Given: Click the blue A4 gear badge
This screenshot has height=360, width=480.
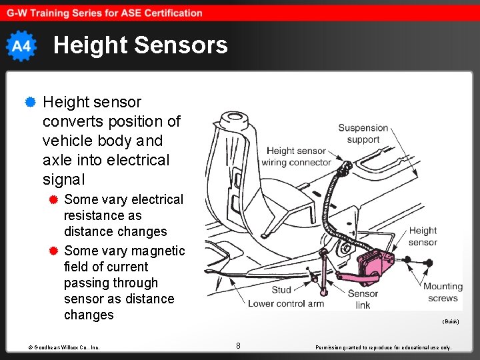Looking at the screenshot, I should click(x=21, y=46).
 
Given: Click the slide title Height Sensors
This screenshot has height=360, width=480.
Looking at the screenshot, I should click(x=140, y=45).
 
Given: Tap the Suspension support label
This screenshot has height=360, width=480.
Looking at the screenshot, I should click(x=363, y=133).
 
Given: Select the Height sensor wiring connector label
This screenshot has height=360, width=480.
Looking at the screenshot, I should click(x=296, y=157).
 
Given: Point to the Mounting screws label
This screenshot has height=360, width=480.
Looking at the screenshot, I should click(x=443, y=292).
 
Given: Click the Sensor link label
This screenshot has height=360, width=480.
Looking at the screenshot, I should click(x=363, y=299).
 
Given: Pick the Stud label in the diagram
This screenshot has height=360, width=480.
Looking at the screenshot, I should click(x=281, y=290).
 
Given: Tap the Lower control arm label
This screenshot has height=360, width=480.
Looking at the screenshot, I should click(x=285, y=303).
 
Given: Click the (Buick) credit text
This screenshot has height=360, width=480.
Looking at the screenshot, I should click(x=451, y=321).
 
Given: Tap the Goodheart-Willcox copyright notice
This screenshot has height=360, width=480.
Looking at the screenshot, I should click(x=64, y=347).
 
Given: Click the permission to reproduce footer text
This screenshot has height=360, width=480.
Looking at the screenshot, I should click(x=383, y=347).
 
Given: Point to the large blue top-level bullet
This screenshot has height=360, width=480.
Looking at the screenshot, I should click(x=29, y=103).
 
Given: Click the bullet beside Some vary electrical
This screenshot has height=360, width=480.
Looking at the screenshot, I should click(x=54, y=199).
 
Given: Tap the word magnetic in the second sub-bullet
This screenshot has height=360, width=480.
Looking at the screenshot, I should click(x=158, y=251).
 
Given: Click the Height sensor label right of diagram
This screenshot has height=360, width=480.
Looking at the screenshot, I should click(x=423, y=236).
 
